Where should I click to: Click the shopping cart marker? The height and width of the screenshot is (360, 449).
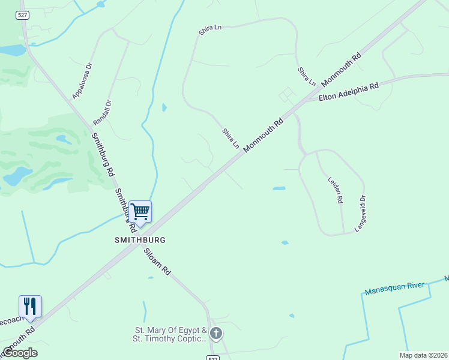click(x=140, y=211)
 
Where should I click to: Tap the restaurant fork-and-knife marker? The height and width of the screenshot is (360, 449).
click(x=30, y=306)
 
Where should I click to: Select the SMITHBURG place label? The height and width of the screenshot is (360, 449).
click(x=140, y=239)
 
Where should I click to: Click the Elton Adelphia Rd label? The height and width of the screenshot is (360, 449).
click(x=349, y=91)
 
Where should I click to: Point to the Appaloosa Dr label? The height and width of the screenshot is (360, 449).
click(x=82, y=81)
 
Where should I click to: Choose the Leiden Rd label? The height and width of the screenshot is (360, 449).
click(x=335, y=189)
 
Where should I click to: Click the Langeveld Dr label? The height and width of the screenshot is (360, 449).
click(x=360, y=214)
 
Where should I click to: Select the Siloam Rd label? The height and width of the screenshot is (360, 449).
click(x=157, y=262)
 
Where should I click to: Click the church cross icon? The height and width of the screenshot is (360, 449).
click(x=215, y=333)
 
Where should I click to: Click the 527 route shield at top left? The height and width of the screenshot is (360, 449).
click(x=22, y=16)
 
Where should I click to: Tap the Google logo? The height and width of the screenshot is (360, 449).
click(x=20, y=353)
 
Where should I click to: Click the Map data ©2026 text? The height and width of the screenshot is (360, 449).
click(x=423, y=355)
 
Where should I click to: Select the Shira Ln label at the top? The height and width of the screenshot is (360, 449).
click(x=210, y=28)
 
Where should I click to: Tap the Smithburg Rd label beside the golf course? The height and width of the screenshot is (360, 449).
click(x=103, y=153)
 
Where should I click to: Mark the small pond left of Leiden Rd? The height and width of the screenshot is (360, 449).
click(x=279, y=188)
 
